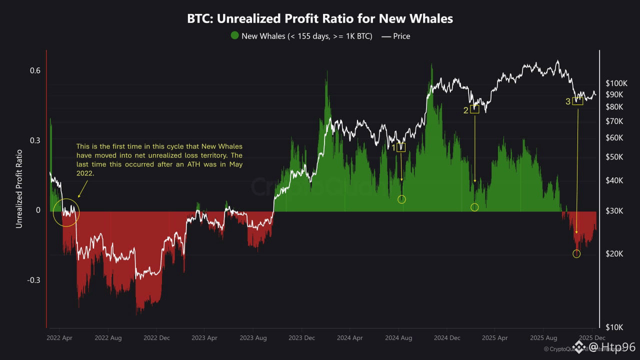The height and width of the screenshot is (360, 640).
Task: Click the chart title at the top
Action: pos(320,19)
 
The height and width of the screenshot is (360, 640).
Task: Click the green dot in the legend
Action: pos(234,35)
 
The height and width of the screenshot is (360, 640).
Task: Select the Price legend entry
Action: pos(395,36)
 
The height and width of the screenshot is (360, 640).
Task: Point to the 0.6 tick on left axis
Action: pos(34,70)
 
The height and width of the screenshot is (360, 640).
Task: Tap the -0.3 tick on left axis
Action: pos(33,280)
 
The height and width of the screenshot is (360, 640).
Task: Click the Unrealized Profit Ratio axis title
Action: pos(19,188)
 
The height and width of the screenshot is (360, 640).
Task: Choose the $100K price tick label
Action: pos(616,82)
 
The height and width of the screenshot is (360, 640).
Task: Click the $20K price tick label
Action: pos(614,254)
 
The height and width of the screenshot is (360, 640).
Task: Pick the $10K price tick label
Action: pos(614,327)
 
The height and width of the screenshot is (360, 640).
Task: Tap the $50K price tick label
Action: pos(614,157)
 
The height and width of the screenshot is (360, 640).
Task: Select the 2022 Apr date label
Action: pos(59,338)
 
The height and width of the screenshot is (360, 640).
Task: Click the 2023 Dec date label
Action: pos(301,338)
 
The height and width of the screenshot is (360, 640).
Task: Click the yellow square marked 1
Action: pos(401,147)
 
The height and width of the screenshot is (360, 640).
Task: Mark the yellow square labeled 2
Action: pos(474,109)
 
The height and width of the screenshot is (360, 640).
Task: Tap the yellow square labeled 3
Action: pos(577,100)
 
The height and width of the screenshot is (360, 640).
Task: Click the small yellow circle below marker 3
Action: pos(576,253)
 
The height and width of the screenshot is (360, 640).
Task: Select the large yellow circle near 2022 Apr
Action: pos(65,212)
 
